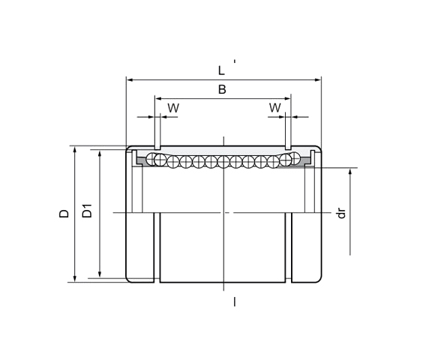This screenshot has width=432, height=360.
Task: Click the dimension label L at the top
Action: click(x=221, y=70)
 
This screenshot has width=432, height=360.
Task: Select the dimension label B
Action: click(x=222, y=90)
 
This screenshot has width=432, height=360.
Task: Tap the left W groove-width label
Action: click(x=173, y=108)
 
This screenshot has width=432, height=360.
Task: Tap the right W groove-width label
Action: click(x=274, y=108)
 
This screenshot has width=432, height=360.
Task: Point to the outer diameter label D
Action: click(x=64, y=213)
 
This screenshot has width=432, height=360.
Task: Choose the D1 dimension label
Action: click(x=87, y=211)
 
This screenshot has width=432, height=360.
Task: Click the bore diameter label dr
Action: click(x=341, y=213)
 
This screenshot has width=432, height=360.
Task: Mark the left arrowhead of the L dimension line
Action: click(x=129, y=78)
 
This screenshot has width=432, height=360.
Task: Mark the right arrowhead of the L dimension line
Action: click(x=318, y=78)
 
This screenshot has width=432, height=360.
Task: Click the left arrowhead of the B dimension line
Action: click(x=157, y=97)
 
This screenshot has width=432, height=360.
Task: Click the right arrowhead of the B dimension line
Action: click(x=286, y=97)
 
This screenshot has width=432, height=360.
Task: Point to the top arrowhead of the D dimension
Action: click(x=74, y=148)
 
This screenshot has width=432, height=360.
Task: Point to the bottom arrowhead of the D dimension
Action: click(x=74, y=279)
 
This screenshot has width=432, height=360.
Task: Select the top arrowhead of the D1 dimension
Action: click(x=100, y=151)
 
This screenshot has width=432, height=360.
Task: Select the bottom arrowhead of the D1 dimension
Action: click(x=100, y=275)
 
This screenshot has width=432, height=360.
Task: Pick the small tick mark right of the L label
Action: click(x=235, y=61)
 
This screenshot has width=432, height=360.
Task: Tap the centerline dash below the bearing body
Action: click(x=234, y=301)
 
